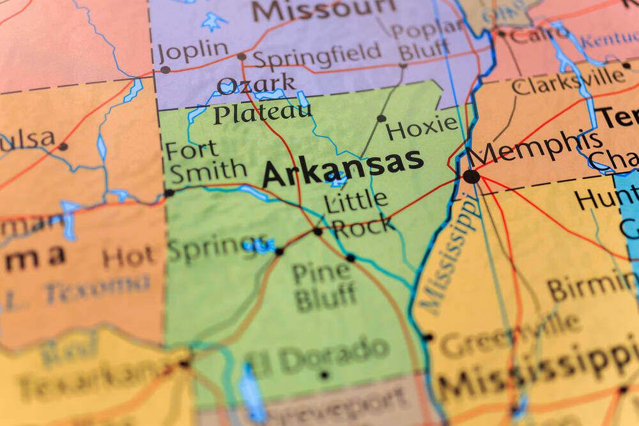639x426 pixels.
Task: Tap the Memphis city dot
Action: [472, 176]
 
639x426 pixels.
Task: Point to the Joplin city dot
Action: [165, 70]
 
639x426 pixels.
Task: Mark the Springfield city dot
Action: [242, 57]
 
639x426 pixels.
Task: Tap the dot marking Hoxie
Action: [381, 118]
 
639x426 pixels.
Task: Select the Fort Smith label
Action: [204, 162]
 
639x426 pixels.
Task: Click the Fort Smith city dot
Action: [169, 192]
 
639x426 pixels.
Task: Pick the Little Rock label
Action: [358, 213]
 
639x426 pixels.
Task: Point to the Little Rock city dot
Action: [318, 231]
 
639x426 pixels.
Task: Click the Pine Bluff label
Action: [323, 285]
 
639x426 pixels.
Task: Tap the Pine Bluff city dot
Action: [350, 258]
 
